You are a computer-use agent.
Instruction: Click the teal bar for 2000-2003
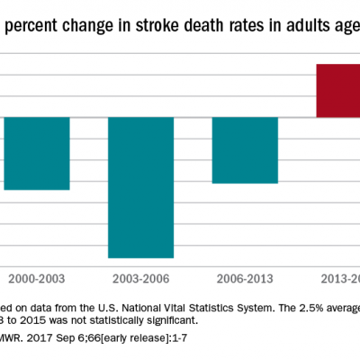(x=37, y=153)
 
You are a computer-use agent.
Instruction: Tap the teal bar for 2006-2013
(x=245, y=149)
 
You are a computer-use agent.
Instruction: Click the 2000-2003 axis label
(x=37, y=278)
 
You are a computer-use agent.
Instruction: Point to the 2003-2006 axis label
(x=141, y=278)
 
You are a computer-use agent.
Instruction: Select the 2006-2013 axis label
(x=245, y=278)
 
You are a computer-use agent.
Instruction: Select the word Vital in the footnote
(x=172, y=308)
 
